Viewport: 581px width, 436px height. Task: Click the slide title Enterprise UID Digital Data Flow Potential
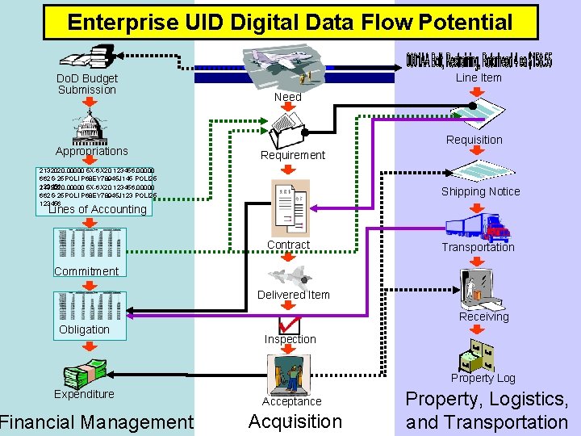click(290, 22)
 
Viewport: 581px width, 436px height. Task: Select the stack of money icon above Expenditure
click(85, 374)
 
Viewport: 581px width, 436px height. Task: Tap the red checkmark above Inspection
click(288, 323)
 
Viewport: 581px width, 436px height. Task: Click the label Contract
click(288, 245)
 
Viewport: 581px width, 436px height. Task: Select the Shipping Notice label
click(480, 191)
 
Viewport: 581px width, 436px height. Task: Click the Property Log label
click(483, 378)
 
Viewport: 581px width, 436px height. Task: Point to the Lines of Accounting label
click(98, 209)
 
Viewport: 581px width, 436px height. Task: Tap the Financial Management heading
click(97, 421)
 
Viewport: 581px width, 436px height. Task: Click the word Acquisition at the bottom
click(295, 421)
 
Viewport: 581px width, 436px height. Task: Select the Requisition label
click(474, 140)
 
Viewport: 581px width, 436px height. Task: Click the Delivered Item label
click(294, 295)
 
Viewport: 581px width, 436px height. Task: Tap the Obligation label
click(84, 329)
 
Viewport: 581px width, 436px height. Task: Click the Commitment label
click(86, 271)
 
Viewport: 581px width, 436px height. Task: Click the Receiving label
click(484, 317)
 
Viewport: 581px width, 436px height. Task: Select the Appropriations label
click(91, 151)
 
